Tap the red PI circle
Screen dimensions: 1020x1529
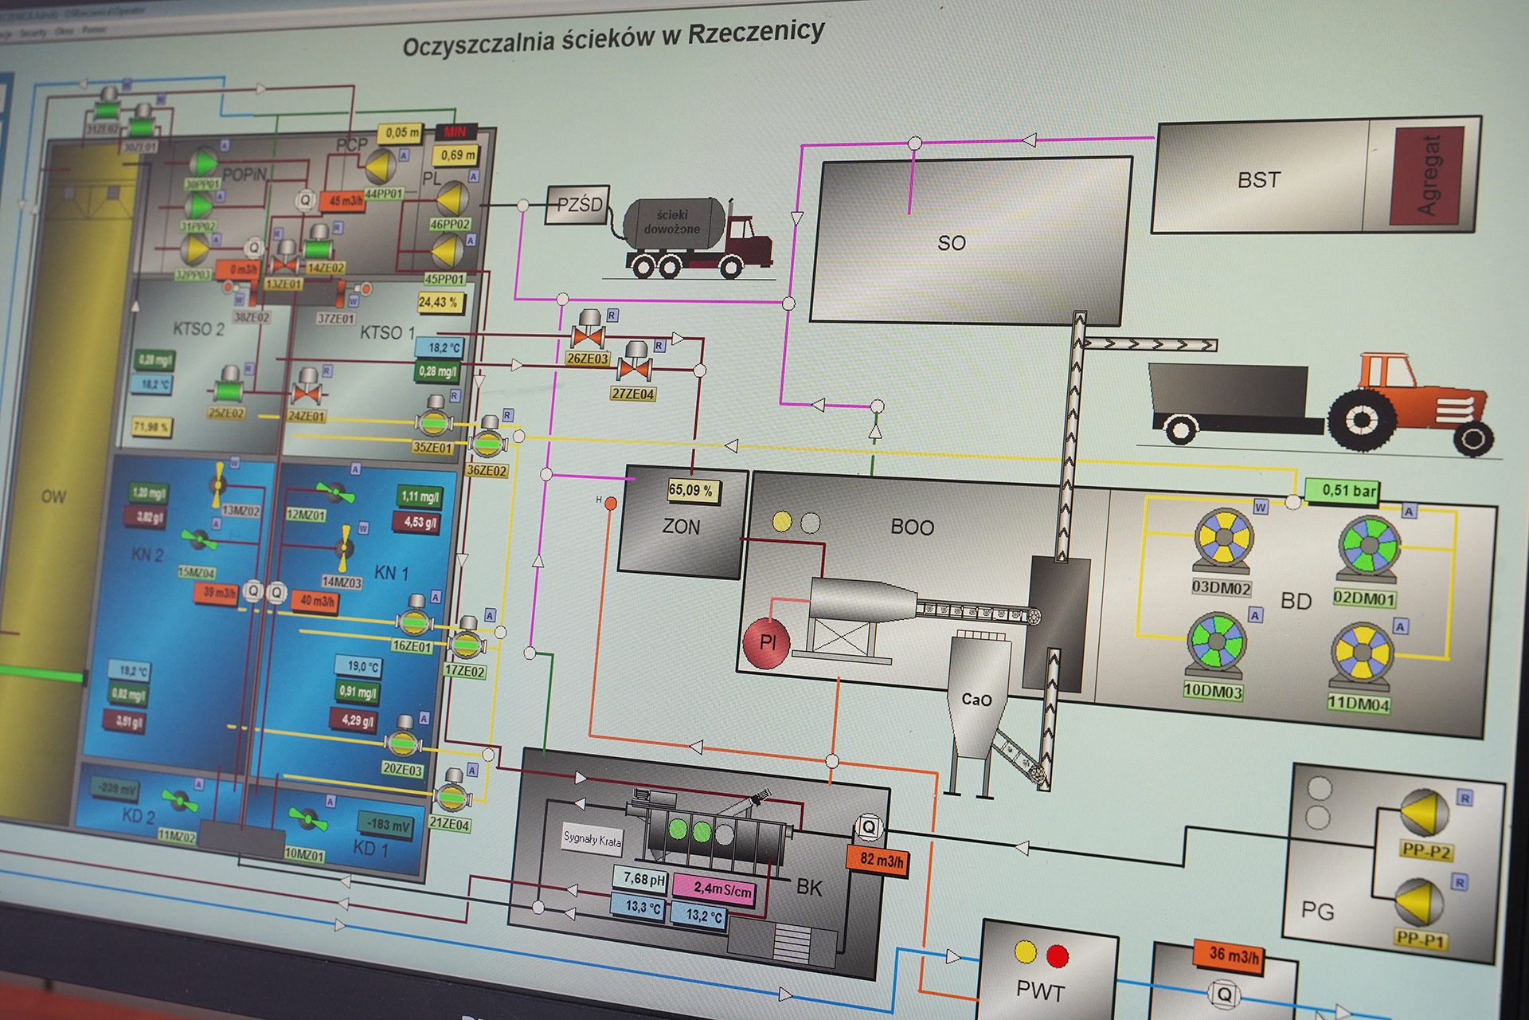766,642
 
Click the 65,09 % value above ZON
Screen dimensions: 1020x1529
690,490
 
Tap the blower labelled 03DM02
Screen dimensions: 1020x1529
1222,540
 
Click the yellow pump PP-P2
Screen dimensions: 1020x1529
1424,813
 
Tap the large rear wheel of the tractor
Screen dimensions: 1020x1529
1361,420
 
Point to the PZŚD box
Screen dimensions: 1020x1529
579,205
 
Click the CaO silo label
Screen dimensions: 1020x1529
976,700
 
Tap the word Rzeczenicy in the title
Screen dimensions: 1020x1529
756,33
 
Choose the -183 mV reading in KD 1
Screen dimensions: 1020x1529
389,825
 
